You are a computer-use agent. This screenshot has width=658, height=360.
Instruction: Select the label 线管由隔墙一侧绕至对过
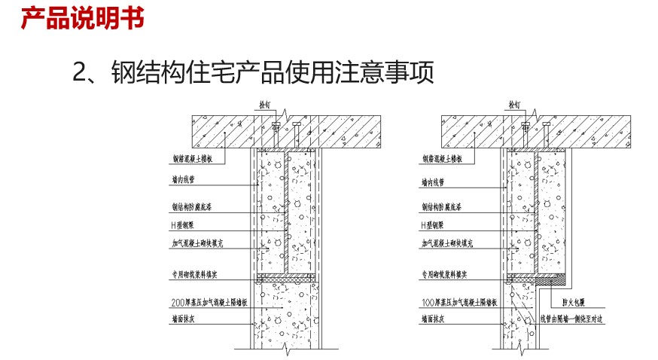click(573, 319)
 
